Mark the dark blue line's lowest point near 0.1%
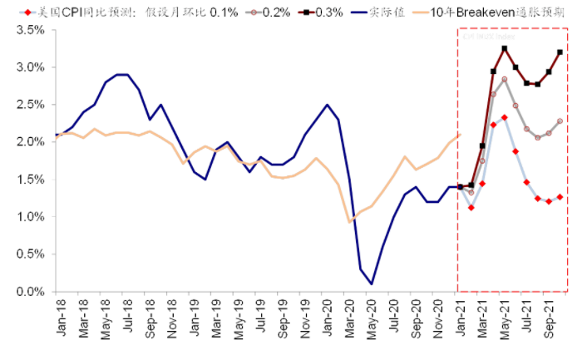371,284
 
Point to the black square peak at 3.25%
505,48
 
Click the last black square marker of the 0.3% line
560,52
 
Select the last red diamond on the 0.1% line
560,197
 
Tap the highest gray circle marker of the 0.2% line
505,79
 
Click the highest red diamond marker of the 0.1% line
505,117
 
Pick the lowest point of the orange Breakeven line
349,222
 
